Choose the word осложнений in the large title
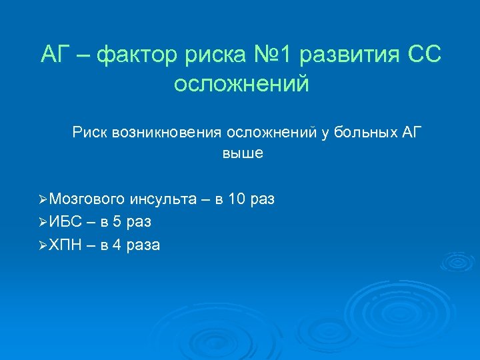pos(241,84)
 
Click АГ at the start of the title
pos(55,55)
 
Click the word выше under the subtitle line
pos(243,153)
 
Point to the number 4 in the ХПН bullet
pos(117,245)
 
